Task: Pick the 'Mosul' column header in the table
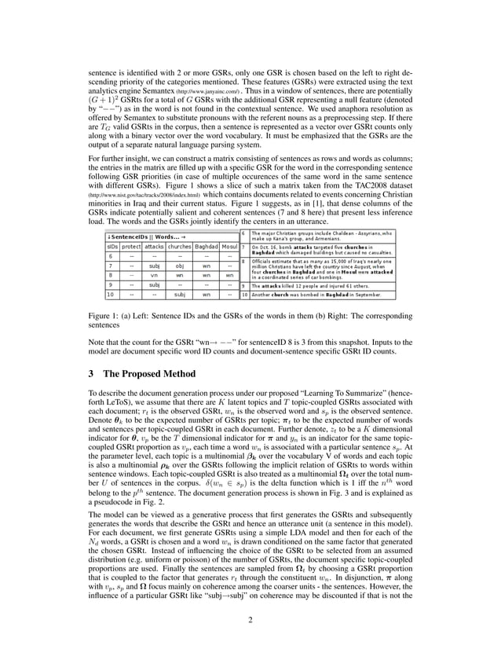(x=229, y=246)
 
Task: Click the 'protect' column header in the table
(x=130, y=246)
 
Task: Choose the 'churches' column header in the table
(x=180, y=246)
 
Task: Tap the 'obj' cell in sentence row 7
(x=180, y=266)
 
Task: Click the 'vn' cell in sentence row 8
(x=155, y=276)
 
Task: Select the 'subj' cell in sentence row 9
(x=155, y=285)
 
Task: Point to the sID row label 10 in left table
(x=111, y=295)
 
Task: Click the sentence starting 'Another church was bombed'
(x=314, y=295)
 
